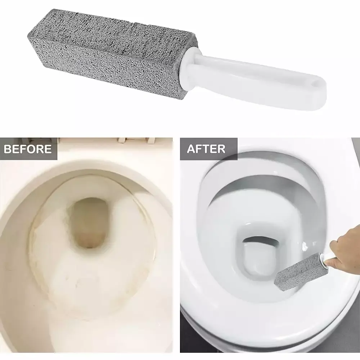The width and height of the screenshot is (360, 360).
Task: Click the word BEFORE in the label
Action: [x=28, y=149]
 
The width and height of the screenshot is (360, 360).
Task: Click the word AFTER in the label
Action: [x=206, y=149]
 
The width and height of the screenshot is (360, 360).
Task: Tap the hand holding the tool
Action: [x=346, y=252]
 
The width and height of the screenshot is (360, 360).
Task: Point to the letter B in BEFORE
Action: [x=8, y=149]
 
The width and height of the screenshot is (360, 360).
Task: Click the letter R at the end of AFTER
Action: [x=221, y=149]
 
